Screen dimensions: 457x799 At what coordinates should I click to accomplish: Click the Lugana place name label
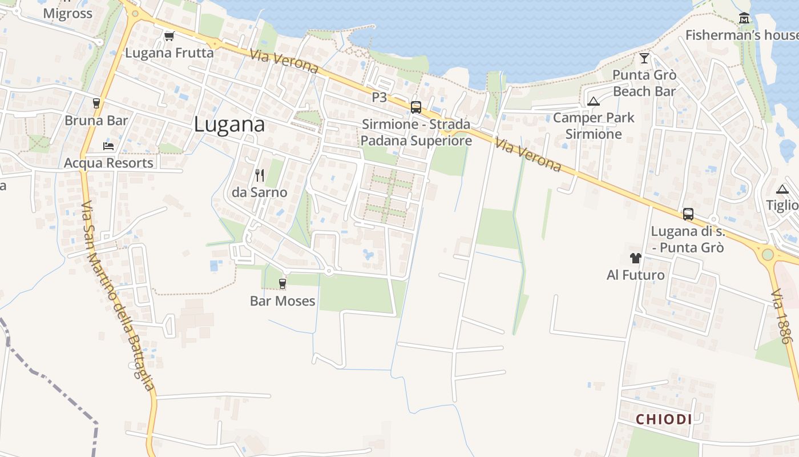[229, 125]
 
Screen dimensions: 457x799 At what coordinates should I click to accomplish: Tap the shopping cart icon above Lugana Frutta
[169, 37]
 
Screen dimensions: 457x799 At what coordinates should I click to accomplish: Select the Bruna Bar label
[96, 121]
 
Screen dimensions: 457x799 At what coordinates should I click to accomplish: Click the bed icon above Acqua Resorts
[108, 146]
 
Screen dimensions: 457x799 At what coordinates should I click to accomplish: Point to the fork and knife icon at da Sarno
[260, 175]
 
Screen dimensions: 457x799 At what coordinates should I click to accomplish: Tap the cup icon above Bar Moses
[282, 283]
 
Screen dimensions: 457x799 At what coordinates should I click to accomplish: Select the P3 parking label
[380, 97]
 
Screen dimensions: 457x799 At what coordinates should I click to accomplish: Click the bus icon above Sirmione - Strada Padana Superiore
[416, 107]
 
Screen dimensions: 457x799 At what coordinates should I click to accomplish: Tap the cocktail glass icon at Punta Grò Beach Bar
[644, 58]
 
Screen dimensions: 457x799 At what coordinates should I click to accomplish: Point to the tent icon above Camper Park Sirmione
[594, 101]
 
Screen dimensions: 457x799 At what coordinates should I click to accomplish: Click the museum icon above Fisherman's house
[744, 18]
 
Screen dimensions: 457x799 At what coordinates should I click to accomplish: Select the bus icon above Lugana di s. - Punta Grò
[688, 214]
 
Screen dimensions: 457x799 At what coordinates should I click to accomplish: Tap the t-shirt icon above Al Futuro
[636, 258]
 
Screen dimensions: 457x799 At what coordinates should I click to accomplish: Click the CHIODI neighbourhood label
[664, 419]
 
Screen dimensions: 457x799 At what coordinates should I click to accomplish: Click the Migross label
[67, 14]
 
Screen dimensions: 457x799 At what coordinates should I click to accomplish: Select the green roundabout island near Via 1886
[768, 254]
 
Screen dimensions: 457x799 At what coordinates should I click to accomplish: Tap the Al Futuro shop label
[636, 275]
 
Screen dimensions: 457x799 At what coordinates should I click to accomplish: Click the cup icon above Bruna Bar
[96, 103]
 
